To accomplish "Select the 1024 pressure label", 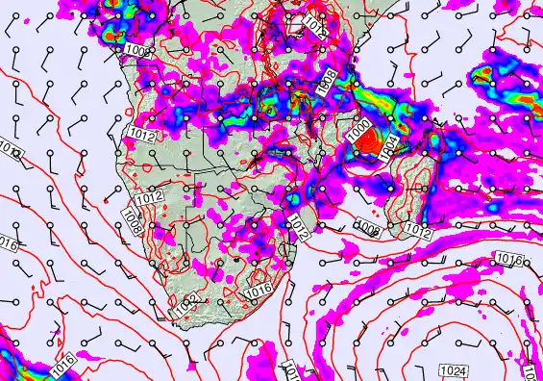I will coord(453,370).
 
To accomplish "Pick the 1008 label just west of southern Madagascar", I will coord(366,227).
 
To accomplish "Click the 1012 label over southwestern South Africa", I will coord(187,304).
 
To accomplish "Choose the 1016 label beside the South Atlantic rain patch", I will coord(62,365).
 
